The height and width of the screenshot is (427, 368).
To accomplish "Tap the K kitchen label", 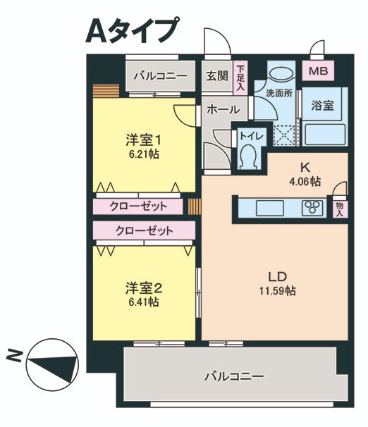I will [305, 168].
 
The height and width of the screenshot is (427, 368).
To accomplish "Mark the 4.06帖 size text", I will [305, 182].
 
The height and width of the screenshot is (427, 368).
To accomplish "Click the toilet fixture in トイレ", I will [247, 157].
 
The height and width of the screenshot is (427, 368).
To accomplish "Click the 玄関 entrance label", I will [217, 75].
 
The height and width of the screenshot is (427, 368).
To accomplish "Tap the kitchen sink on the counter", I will [269, 208].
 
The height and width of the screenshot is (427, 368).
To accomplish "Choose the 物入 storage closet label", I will [339, 208].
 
